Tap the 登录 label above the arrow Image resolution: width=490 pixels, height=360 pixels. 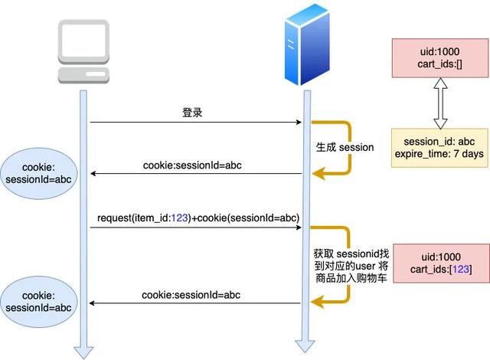[193, 112]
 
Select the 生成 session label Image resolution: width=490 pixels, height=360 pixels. [345, 147]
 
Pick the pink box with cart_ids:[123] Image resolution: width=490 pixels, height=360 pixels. [439, 263]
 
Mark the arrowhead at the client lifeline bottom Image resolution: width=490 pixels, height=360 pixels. [83, 351]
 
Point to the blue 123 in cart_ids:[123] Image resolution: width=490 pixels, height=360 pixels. [460, 270]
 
